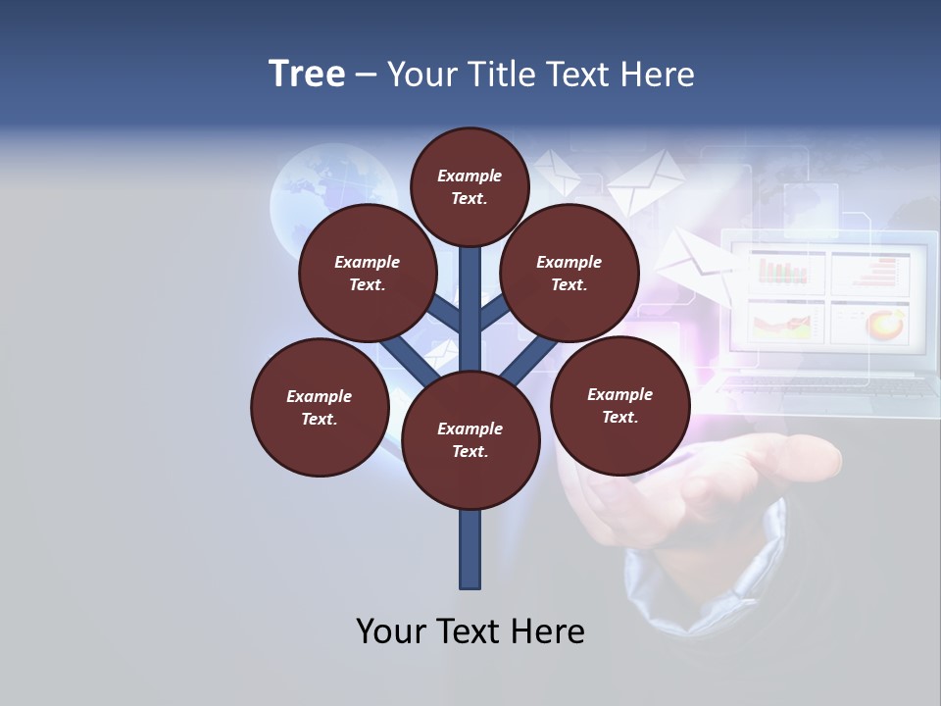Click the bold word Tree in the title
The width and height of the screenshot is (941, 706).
307,75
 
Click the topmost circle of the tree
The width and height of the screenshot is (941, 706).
470,186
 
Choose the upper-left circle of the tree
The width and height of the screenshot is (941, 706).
368,273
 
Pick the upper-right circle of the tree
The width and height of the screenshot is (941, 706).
570,273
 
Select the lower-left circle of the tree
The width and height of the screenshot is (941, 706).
320,407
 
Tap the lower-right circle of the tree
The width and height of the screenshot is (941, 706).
619,405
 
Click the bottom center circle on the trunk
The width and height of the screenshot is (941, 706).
470,440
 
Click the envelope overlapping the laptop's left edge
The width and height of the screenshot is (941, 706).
693,260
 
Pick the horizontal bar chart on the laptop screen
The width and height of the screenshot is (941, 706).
870,272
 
